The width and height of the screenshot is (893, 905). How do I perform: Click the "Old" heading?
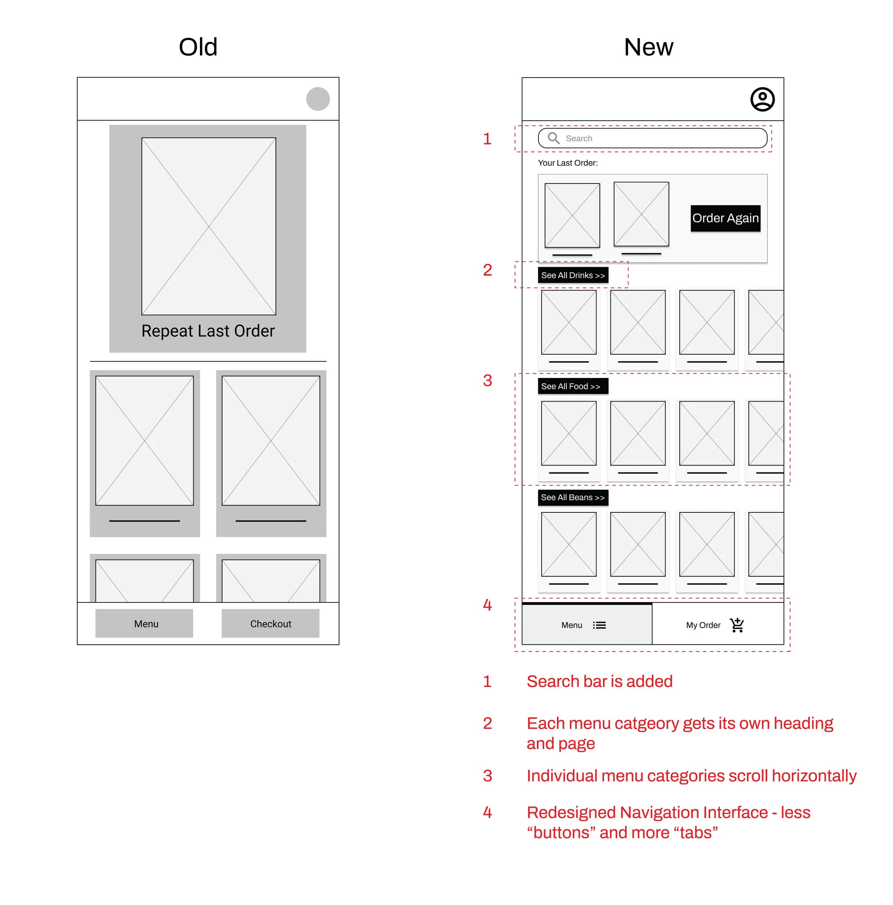(x=198, y=47)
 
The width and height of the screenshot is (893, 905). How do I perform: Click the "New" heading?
(x=648, y=47)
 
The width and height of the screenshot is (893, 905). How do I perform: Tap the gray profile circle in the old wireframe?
(x=318, y=99)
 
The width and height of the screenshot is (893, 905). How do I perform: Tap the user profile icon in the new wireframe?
(x=762, y=99)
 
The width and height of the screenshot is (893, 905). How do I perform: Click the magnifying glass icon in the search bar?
(x=553, y=138)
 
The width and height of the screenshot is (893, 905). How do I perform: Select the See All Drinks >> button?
(x=573, y=275)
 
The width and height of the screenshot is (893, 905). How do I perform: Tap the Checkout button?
(x=270, y=624)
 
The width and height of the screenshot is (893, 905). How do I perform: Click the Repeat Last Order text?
(x=208, y=331)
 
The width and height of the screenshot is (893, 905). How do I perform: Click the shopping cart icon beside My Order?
(x=737, y=625)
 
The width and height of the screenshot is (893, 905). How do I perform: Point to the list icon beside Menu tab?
(x=599, y=625)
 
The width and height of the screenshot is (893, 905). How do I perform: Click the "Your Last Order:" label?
(x=568, y=163)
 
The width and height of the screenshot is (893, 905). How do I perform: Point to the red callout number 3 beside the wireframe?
(x=487, y=380)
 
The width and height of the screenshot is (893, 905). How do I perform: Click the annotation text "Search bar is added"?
(x=599, y=682)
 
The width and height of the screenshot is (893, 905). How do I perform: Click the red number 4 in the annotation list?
(x=487, y=813)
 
